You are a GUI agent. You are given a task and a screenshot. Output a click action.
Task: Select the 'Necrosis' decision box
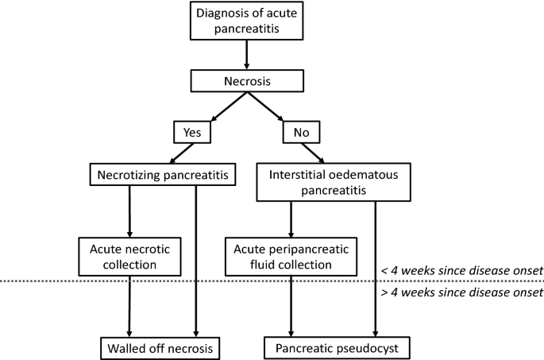248,80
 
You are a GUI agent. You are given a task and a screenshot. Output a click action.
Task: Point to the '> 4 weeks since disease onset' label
461,292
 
